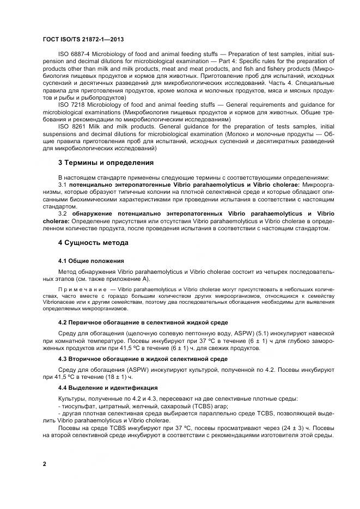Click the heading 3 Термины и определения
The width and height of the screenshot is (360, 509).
106,163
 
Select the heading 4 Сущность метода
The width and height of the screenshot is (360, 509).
93,243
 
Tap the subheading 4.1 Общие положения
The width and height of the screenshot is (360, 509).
91,261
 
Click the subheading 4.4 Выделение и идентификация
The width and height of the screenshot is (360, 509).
108,388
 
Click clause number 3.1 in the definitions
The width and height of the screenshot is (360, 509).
63,186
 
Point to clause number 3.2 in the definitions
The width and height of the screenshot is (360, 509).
63,214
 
